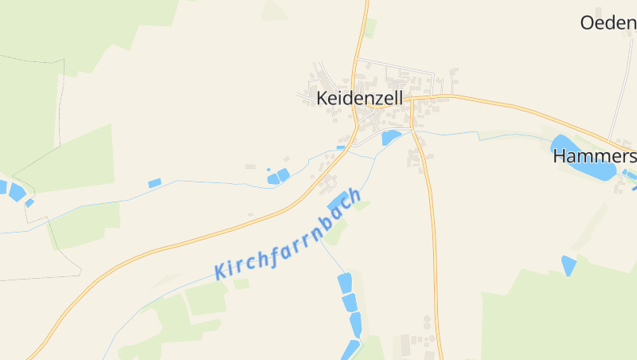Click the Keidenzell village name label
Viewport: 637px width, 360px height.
(359, 98)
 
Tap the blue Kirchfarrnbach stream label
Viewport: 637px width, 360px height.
(288, 234)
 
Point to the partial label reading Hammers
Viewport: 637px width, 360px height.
(594, 157)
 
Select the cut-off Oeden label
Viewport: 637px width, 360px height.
(608, 22)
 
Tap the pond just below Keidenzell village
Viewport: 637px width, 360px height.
(390, 137)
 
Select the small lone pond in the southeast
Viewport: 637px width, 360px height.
(569, 265)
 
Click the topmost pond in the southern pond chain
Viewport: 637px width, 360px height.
(345, 283)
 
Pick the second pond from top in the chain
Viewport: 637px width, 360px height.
(350, 303)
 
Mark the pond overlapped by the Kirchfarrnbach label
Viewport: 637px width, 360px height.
(338, 202)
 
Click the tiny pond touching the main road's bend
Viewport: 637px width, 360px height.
(341, 147)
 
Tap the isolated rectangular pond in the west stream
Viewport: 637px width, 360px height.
(154, 183)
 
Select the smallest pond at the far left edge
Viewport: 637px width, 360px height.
(29, 202)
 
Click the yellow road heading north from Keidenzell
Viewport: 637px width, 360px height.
(365, 32)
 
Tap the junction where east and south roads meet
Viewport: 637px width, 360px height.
(412, 100)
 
